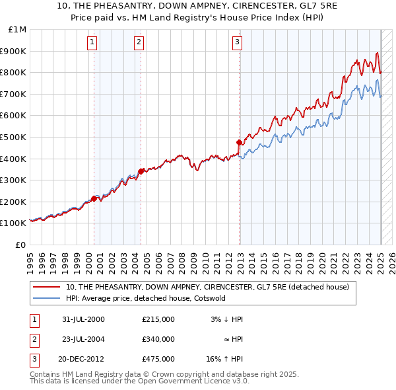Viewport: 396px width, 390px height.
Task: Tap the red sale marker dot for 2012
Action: (x=240, y=141)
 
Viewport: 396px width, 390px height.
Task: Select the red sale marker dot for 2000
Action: (x=94, y=198)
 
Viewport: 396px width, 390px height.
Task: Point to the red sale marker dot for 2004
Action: (x=141, y=171)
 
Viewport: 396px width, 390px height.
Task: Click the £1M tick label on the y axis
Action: (x=17, y=30)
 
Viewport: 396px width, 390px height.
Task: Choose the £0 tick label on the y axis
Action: (x=20, y=245)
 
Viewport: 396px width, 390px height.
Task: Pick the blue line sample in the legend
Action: (x=47, y=298)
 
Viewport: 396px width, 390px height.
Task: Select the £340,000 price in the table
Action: (x=158, y=339)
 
